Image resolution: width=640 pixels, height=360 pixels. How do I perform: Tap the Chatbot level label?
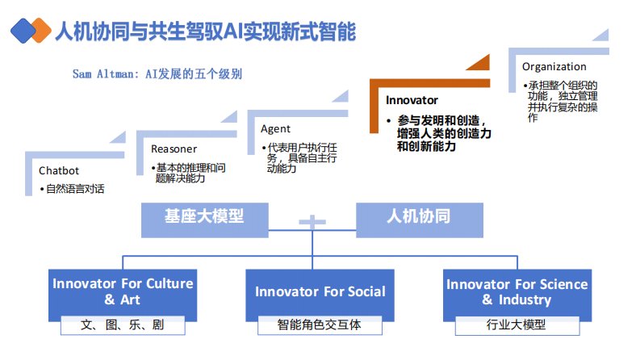[x=58, y=170]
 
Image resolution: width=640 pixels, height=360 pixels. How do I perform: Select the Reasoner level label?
[x=174, y=149]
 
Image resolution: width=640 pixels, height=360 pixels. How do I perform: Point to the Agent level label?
[x=275, y=128]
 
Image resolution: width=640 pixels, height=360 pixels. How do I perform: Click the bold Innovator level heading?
[x=412, y=100]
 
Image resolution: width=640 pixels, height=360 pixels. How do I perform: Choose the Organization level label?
[x=554, y=66]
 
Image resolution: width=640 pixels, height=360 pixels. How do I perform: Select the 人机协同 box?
[x=418, y=216]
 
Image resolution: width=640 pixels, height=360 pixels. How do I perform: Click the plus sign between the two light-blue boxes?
[x=312, y=220]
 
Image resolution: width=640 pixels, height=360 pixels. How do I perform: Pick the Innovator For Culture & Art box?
[x=123, y=291]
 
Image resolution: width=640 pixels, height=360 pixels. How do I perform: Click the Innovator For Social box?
[x=320, y=291]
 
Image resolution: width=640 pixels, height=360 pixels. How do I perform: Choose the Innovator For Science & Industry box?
[x=517, y=291]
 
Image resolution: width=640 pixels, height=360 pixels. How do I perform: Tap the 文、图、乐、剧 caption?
[x=123, y=325]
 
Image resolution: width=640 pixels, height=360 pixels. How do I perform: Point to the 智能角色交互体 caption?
[x=320, y=325]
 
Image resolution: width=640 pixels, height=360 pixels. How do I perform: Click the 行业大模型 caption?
[x=517, y=325]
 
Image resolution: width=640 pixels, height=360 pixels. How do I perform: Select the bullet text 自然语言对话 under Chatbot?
[x=74, y=189]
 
